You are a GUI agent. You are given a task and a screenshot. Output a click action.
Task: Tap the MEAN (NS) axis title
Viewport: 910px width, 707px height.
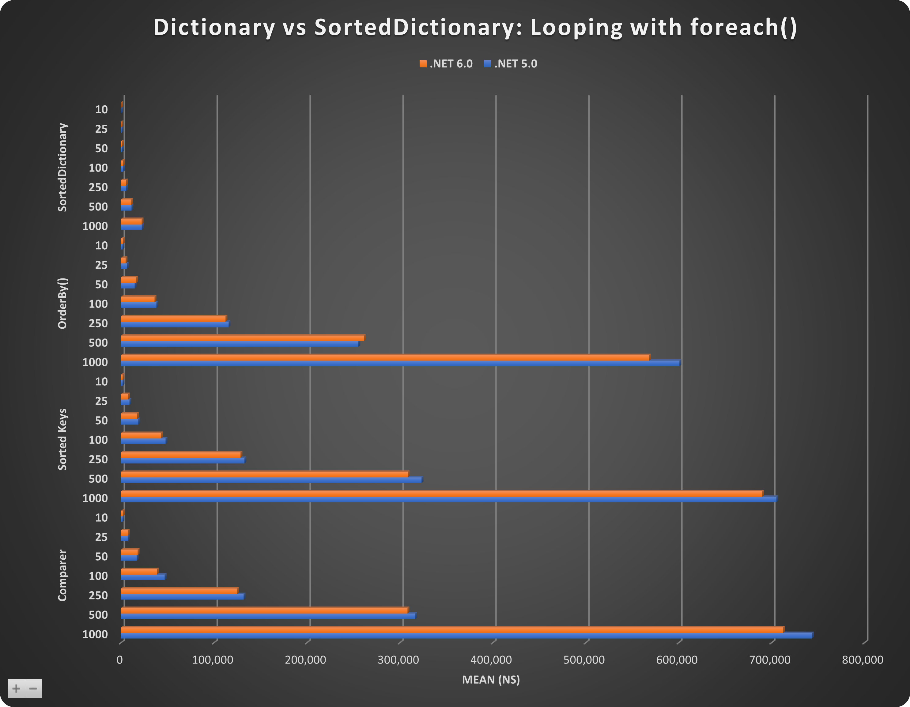click(491, 679)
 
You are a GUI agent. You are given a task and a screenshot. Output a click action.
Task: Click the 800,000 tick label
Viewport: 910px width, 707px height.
click(863, 660)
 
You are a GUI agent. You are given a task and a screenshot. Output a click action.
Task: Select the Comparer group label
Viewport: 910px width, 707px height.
click(62, 575)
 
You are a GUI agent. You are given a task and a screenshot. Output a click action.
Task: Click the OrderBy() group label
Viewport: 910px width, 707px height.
click(62, 303)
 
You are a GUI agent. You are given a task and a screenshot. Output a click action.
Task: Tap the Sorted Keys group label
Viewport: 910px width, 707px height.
click(62, 440)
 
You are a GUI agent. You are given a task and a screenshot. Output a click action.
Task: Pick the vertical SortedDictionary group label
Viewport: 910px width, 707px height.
click(62, 167)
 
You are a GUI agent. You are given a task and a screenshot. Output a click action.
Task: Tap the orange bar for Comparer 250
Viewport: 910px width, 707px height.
click(179, 591)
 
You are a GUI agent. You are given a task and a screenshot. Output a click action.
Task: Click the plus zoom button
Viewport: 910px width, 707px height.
click(16, 688)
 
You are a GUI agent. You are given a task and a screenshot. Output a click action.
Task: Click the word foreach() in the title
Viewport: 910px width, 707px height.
click(743, 28)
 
